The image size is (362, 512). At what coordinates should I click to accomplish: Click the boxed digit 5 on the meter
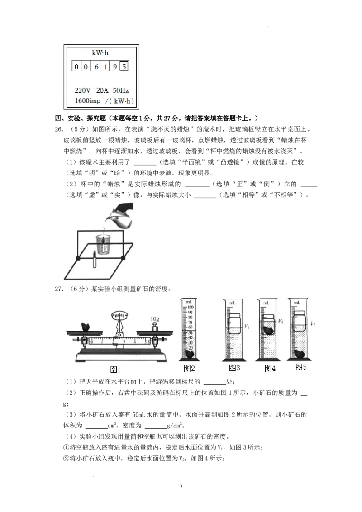(124, 66)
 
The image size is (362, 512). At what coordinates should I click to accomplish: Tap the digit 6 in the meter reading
(96, 66)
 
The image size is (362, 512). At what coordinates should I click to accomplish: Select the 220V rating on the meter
(82, 90)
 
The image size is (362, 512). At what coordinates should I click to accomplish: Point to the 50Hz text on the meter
(120, 90)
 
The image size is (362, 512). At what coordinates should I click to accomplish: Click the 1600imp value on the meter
(87, 101)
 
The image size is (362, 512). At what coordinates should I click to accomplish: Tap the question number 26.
(59, 129)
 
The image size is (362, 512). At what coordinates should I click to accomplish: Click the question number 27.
(59, 289)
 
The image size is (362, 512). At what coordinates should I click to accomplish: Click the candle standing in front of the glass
(95, 260)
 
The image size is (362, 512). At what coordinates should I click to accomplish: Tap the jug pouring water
(120, 215)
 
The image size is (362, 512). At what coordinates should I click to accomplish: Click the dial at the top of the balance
(119, 315)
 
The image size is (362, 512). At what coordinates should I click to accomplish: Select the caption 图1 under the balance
(115, 370)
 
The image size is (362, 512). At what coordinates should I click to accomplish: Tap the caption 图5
(301, 367)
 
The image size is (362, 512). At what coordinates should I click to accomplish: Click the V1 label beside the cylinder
(247, 326)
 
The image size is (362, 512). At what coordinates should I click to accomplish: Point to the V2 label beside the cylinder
(280, 321)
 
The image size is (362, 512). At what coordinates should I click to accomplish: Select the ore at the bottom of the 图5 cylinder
(300, 353)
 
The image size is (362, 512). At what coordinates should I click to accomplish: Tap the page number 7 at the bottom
(181, 487)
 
